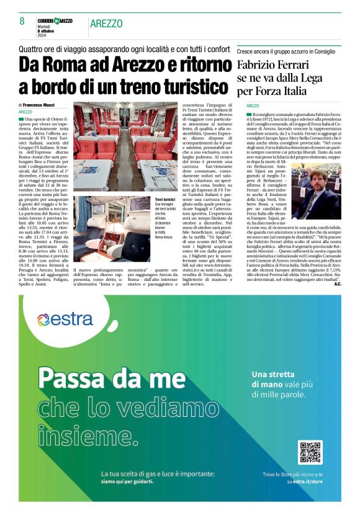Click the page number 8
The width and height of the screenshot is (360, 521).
click(22, 22)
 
